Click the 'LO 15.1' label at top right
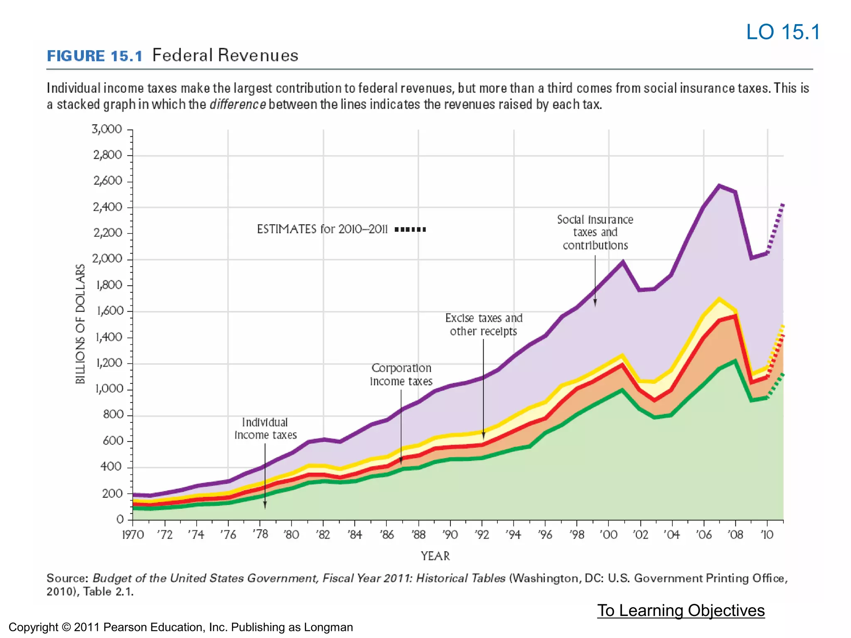783,32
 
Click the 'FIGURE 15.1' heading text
95,56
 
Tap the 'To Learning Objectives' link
681,610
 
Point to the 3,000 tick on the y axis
107,129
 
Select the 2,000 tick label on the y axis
107,259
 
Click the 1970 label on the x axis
133,535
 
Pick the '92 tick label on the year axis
482,535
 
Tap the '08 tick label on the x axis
735,535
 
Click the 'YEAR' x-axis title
435,556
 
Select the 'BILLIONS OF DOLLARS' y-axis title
80,324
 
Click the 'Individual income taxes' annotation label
266,429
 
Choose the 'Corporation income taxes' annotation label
401,375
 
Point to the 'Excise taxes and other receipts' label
484,324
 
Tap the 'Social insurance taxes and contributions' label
595,232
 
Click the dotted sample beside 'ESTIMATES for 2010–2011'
410,229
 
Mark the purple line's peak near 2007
719,185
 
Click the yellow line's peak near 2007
719,298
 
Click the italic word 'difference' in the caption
238,104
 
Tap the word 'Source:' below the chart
67,578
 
